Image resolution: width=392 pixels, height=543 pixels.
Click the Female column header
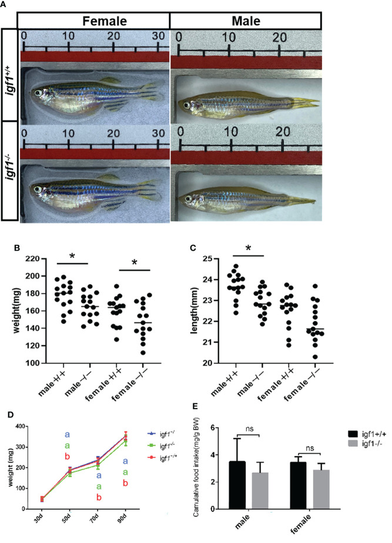coord(93,21)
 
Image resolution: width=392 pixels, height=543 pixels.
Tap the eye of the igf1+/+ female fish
coord(39,92)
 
